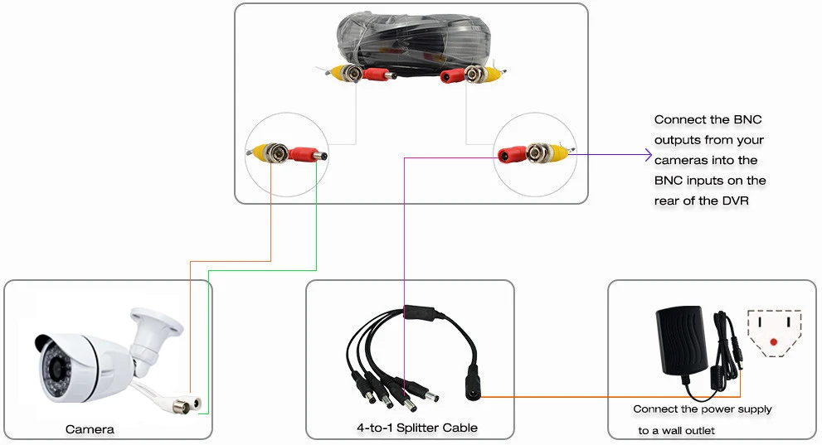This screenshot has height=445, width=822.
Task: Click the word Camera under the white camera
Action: (x=90, y=429)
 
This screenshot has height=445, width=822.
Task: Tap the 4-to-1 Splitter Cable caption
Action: (x=417, y=428)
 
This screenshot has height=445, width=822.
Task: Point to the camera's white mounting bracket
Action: (x=153, y=334)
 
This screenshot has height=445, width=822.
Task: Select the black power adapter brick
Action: (x=682, y=341)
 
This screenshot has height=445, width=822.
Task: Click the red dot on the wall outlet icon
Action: (x=774, y=342)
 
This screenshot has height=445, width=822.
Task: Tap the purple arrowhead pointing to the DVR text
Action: (x=648, y=155)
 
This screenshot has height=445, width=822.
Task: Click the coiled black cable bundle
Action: (x=411, y=43)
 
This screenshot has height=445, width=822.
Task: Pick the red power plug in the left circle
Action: (x=307, y=154)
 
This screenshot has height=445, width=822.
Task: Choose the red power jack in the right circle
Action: (x=512, y=154)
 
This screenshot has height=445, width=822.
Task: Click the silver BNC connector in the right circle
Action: (x=537, y=152)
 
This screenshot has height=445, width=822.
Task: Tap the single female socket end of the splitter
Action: (x=473, y=385)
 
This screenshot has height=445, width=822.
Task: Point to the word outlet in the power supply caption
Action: (x=699, y=430)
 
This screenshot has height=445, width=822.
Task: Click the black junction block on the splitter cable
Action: (x=418, y=312)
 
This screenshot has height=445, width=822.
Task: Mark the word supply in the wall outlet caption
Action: (x=755, y=409)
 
